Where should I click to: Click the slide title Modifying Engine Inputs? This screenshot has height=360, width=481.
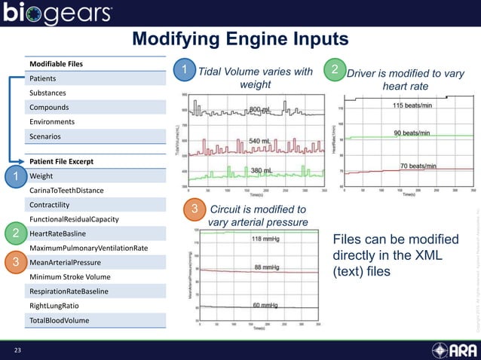coord(240,39)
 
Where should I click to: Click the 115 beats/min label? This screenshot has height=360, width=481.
coord(416,106)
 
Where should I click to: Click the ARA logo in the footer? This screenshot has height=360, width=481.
coord(451,350)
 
